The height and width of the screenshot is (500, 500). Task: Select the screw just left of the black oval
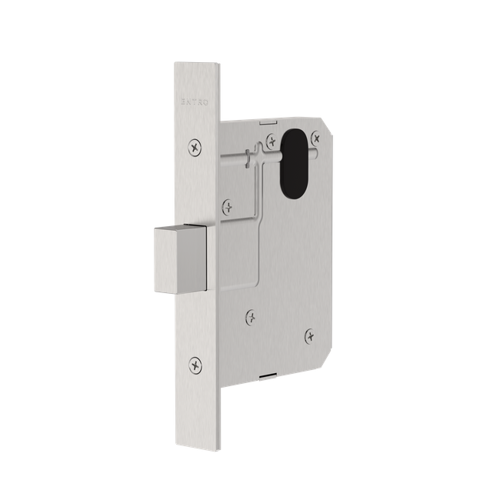click(271, 140)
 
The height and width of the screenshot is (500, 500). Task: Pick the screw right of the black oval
click(315, 137)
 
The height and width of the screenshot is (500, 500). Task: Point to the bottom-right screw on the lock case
click(309, 335)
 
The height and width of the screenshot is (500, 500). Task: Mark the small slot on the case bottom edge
click(265, 375)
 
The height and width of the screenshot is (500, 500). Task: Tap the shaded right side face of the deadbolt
click(198, 258)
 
